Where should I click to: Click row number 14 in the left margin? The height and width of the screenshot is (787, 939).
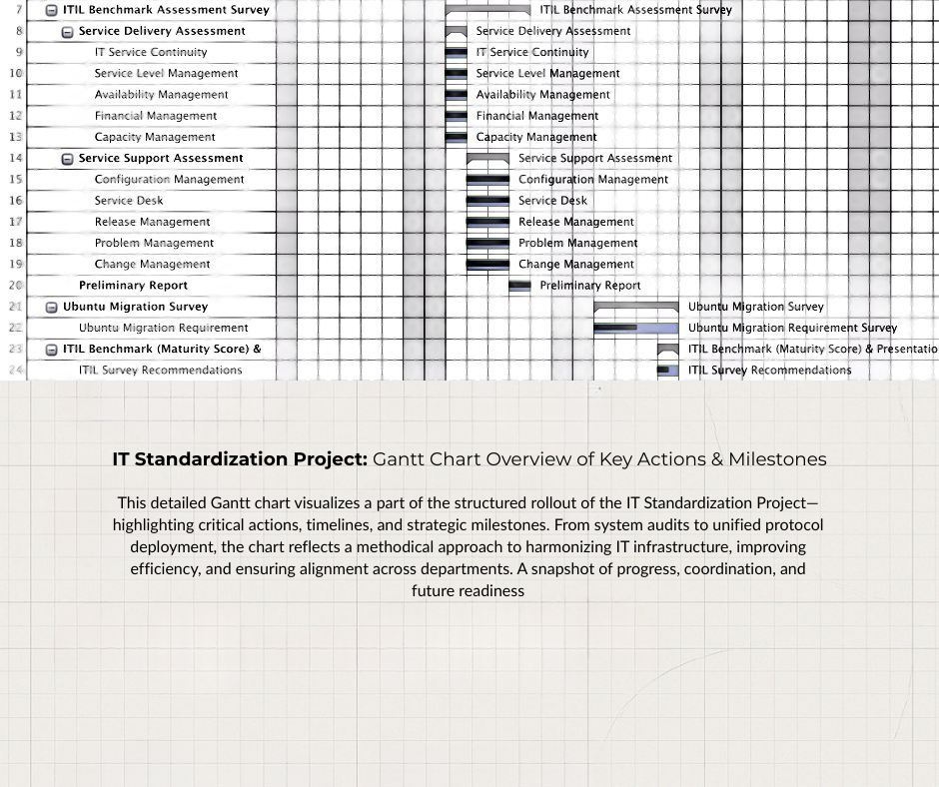click(16, 158)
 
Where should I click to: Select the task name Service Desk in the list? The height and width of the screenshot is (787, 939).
click(128, 201)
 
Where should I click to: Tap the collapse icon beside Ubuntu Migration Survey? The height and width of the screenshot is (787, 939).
click(52, 308)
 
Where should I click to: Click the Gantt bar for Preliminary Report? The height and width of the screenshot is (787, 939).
click(519, 286)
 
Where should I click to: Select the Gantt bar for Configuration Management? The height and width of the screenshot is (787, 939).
click(487, 180)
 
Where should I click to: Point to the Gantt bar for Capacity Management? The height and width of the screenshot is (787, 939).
click(456, 137)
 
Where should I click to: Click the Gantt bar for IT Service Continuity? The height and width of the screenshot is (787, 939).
click(456, 52)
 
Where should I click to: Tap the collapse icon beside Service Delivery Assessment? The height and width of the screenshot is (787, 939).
click(68, 32)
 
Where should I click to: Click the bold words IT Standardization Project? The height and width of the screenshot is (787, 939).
click(240, 459)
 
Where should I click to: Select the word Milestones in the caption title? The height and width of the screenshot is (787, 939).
click(777, 459)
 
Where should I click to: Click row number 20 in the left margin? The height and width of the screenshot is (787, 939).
click(16, 286)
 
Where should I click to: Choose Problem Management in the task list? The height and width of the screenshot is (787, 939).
click(154, 243)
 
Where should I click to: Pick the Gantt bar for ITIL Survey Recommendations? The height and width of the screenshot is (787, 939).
click(667, 371)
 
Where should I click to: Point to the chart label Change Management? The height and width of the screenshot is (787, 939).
click(575, 265)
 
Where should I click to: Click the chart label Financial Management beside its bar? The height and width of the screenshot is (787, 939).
click(536, 116)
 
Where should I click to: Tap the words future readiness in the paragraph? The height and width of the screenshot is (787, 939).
click(468, 590)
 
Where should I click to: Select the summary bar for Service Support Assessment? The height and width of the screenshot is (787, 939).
click(487, 158)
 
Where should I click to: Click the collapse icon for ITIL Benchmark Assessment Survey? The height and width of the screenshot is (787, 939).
click(52, 10)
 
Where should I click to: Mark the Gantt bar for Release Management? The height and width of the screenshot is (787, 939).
click(487, 222)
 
